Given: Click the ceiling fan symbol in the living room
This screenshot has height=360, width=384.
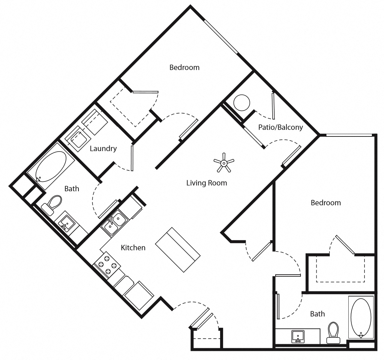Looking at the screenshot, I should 224,163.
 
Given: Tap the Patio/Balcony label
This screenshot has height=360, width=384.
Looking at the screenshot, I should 280,127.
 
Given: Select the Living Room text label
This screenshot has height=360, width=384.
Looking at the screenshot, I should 207,183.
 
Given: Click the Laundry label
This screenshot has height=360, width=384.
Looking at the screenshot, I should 103,148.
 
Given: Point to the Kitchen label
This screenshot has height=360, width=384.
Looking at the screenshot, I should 133,248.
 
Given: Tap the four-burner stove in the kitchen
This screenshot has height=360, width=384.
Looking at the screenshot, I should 106,265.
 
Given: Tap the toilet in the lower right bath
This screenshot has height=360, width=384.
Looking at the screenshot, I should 333,333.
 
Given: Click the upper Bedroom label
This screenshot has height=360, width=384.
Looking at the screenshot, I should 184,67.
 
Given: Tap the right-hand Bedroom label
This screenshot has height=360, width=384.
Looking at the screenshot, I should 325,203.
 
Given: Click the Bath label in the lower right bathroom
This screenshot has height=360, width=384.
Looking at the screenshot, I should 317,314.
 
